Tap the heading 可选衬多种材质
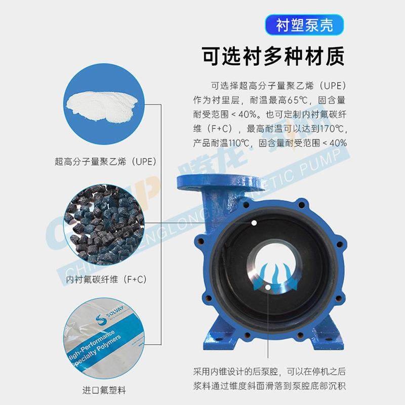273,56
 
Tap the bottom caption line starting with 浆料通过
269,386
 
